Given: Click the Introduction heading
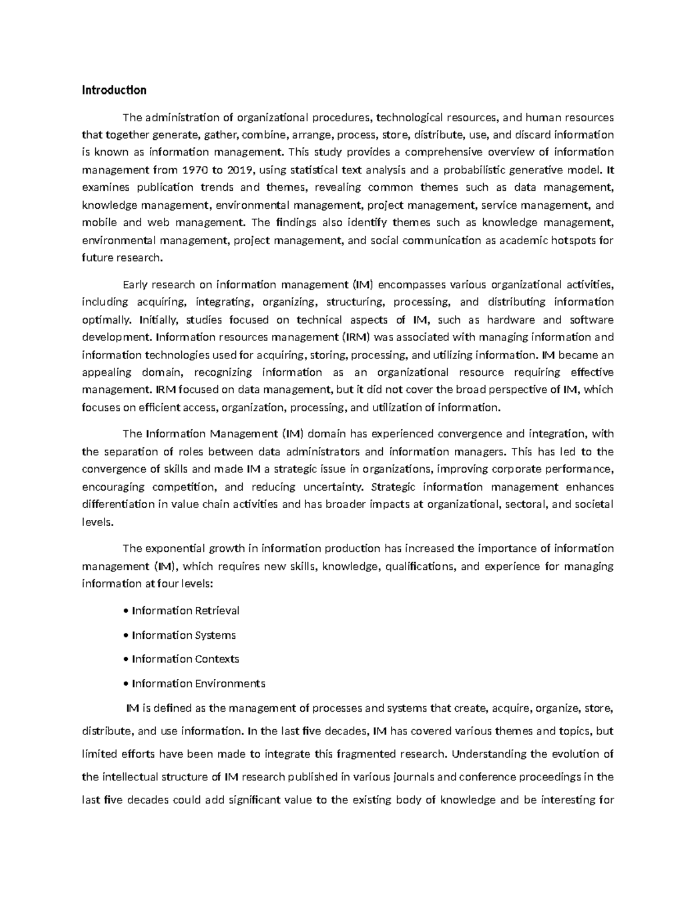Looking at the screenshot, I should point(114,91).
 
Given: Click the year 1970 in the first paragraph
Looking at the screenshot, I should point(194,170).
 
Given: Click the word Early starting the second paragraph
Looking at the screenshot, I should point(135,284).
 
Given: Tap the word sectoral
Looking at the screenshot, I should point(526,504).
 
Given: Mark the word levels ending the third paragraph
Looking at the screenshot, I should point(96,522).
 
